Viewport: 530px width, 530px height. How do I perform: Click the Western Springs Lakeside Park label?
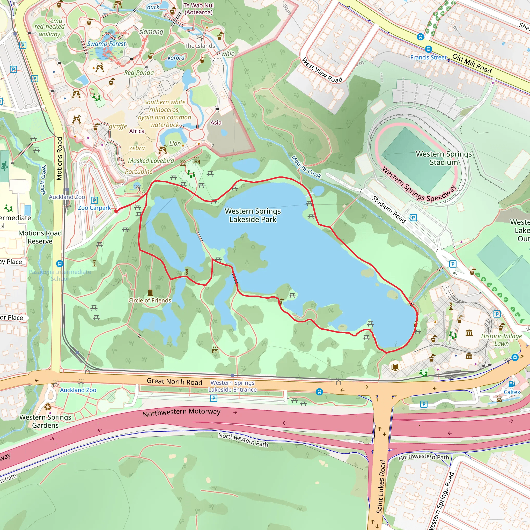point(253,215)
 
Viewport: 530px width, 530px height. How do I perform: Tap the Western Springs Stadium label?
point(444,158)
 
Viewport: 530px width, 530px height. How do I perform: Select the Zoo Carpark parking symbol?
point(94,200)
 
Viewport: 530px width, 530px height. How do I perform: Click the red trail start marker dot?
point(116,211)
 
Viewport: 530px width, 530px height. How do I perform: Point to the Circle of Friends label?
point(150,300)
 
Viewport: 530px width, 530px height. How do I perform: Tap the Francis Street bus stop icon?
point(428,49)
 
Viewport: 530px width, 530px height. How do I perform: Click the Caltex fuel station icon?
point(512,384)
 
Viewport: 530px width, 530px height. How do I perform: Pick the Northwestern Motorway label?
point(182,412)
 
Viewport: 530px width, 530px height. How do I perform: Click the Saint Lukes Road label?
point(381,487)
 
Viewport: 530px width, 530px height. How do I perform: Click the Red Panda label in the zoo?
point(139,73)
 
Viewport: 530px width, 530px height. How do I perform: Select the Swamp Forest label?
point(106,44)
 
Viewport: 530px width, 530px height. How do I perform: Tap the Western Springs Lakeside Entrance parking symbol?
point(214,398)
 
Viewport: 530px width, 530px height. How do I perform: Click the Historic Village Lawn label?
point(502,340)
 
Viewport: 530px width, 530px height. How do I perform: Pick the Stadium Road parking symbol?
point(413,218)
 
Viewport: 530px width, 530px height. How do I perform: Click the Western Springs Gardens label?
point(45,421)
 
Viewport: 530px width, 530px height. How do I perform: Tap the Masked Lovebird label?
point(151,161)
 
